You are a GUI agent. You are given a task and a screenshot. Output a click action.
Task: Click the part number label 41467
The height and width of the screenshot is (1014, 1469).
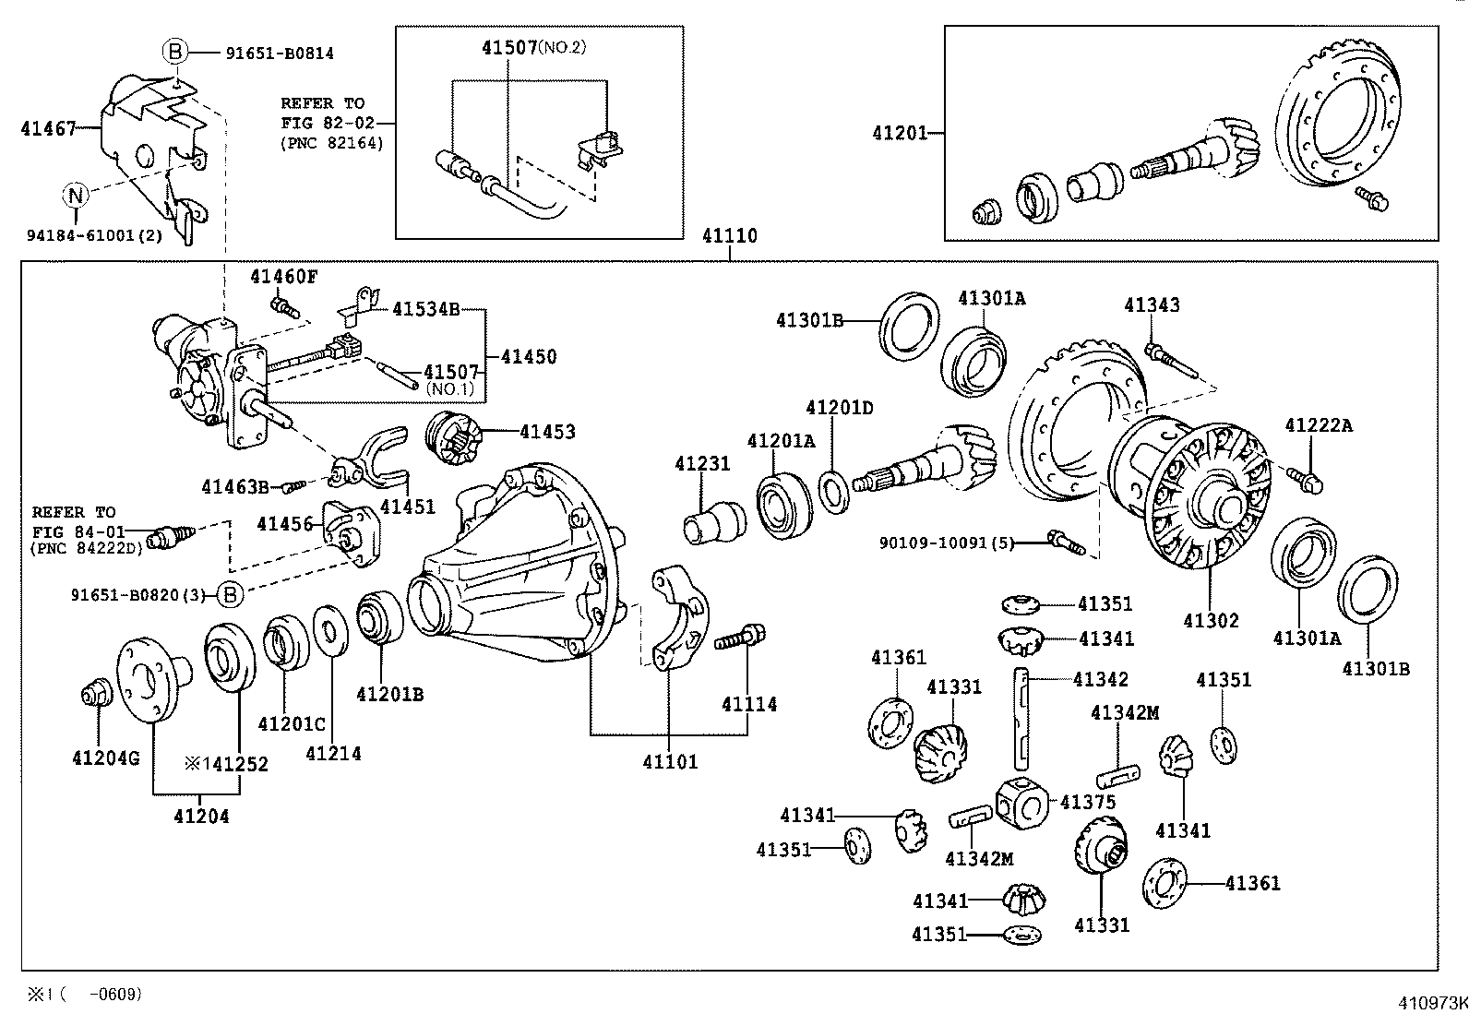click(49, 128)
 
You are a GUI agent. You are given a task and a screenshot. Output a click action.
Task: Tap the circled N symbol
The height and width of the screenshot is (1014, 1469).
click(76, 194)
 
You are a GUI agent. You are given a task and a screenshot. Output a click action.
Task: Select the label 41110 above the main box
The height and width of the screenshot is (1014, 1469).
click(729, 235)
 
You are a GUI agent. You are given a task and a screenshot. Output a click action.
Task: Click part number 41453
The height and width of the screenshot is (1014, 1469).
click(547, 432)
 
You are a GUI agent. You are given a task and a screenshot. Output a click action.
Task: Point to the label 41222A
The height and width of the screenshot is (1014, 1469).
click(1319, 425)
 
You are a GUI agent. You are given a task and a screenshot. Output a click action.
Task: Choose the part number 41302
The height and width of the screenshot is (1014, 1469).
click(1211, 620)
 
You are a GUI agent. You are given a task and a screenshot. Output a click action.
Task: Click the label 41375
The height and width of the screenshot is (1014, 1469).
click(1088, 802)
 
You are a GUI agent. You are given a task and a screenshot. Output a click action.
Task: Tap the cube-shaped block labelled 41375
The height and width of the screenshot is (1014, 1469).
click(1021, 802)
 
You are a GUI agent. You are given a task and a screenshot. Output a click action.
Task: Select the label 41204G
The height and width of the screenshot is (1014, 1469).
click(105, 758)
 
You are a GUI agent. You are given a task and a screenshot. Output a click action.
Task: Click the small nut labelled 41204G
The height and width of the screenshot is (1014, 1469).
click(96, 693)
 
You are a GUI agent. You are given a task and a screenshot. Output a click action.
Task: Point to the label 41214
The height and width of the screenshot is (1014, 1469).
click(333, 754)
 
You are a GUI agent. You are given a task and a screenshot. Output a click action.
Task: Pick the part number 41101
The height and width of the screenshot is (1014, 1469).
click(670, 761)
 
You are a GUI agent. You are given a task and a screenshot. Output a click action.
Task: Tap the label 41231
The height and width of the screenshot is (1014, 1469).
click(702, 464)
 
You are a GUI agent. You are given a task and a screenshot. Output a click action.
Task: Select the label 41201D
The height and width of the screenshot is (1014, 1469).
click(840, 408)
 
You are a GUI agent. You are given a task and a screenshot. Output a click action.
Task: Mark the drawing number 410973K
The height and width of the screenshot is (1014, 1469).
click(1432, 1003)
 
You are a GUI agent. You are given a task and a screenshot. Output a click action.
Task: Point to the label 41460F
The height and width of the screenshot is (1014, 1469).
click(283, 277)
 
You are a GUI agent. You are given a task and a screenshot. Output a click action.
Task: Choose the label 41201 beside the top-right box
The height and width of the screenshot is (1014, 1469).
click(900, 133)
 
